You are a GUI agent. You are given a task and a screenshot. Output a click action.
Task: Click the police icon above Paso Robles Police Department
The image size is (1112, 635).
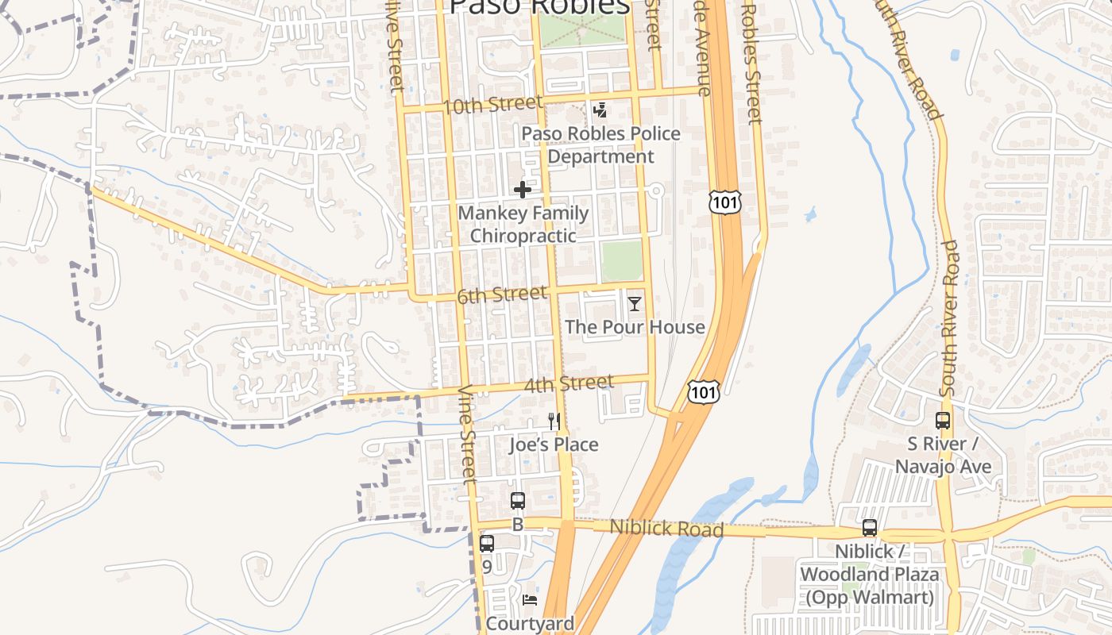pos(600,110)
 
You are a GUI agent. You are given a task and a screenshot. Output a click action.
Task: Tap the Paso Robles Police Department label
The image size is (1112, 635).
pos(601,145)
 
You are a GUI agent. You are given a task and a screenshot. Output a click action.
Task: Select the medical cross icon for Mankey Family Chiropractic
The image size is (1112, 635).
pos(523,190)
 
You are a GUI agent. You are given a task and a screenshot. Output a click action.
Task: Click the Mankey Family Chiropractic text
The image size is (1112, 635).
pos(523,225)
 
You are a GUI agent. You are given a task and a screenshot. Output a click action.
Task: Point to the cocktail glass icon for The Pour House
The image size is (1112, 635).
pos(634,303)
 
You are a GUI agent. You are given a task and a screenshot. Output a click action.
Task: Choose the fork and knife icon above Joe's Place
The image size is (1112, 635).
pos(554,421)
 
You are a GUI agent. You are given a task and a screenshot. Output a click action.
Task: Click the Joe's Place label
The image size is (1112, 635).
pos(554,444)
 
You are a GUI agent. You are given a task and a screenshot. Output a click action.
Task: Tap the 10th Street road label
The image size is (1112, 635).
pos(492,105)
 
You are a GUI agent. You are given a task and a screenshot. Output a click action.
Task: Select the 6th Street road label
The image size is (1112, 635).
pos(502,295)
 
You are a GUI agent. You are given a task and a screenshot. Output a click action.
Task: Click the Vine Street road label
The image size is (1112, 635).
pos(469,434)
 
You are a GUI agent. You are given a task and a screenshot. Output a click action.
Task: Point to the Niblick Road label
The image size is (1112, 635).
pos(666,528)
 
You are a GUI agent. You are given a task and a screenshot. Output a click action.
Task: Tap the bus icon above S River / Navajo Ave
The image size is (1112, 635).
pos(943,421)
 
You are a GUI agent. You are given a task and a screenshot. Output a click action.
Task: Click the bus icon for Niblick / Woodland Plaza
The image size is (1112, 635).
pos(870,528)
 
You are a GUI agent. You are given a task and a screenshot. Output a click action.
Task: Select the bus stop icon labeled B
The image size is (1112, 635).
pos(518,501)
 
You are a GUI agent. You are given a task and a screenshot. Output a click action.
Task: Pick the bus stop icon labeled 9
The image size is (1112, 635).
pos(487,544)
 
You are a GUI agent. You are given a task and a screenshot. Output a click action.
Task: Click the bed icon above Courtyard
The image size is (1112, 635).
pos(530,599)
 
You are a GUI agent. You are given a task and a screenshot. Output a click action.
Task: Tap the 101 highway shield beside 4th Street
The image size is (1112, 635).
pos(704,391)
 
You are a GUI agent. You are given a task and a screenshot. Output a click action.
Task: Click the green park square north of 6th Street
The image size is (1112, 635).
pos(621,261)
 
